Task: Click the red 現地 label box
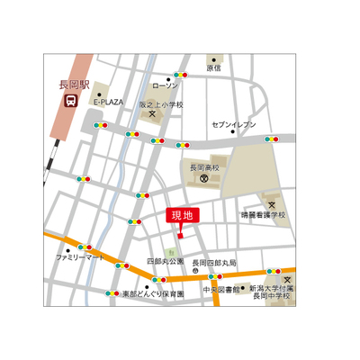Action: pyautogui.click(x=183, y=216)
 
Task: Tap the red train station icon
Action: pyautogui.click(x=69, y=101)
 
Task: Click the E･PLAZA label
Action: pyautogui.click(x=110, y=103)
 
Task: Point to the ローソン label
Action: pyautogui.click(x=166, y=85)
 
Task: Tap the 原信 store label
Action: pyautogui.click(x=213, y=68)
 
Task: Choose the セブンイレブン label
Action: pyautogui.click(x=234, y=123)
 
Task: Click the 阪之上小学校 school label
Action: pyautogui.click(x=160, y=104)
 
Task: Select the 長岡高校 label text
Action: pyautogui.click(x=205, y=166)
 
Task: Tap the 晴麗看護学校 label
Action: pyautogui.click(x=264, y=215)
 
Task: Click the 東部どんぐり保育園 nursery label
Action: pyautogui.click(x=153, y=294)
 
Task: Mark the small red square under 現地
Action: pyautogui.click(x=181, y=236)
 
